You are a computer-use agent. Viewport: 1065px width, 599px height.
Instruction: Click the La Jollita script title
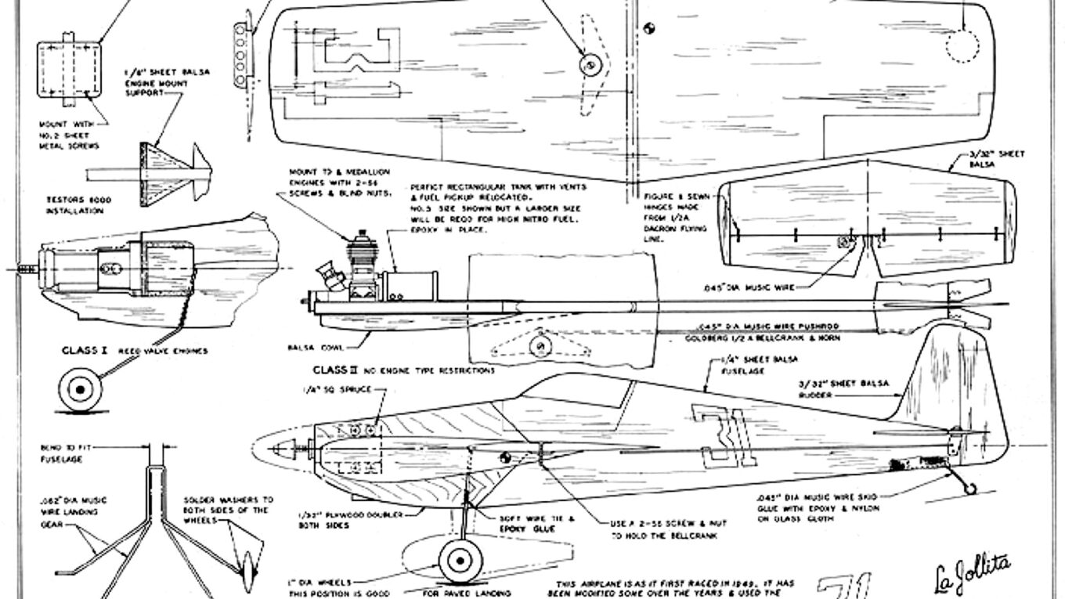970,576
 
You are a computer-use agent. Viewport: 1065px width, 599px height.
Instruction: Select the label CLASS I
79,351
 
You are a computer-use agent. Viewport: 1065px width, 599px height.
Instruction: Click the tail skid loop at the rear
970,489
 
